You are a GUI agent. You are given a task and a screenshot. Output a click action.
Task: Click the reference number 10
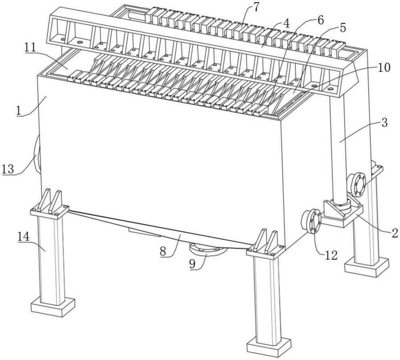(x=383, y=67)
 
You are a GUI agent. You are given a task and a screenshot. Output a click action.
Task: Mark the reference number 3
(x=384, y=123)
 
